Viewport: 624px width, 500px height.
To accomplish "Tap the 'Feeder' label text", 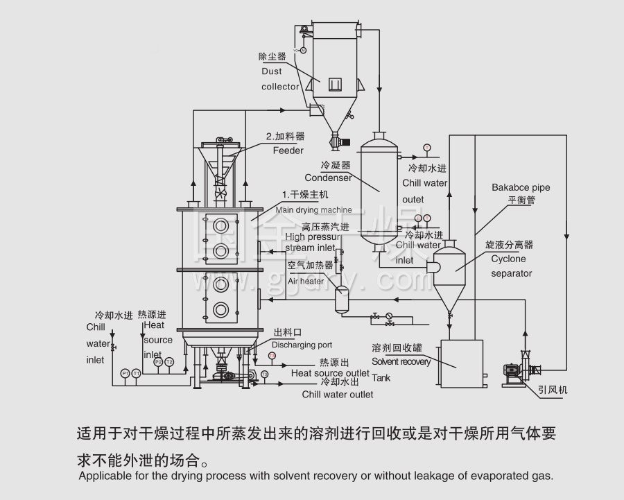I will pyautogui.click(x=288, y=150).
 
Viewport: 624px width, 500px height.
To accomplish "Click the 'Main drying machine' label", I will pyautogui.click(x=313, y=209).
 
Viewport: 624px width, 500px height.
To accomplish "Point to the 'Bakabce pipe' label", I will pyautogui.click(x=521, y=187).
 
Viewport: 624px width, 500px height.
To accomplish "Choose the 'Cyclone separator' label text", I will pyautogui.click(x=511, y=266).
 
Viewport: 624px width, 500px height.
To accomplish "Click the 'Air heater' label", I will pyautogui.click(x=306, y=282).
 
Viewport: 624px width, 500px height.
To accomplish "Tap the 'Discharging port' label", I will pyautogui.click(x=302, y=345).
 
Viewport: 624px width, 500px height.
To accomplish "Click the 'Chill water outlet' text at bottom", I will pyautogui.click(x=338, y=395).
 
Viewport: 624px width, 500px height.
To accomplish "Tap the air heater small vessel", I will pyautogui.click(x=341, y=300).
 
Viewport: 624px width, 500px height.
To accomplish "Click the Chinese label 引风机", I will pyautogui.click(x=553, y=390).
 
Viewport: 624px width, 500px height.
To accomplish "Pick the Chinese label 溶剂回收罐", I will pyautogui.click(x=397, y=348).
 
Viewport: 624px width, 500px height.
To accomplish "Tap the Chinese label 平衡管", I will pyautogui.click(x=521, y=200).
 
